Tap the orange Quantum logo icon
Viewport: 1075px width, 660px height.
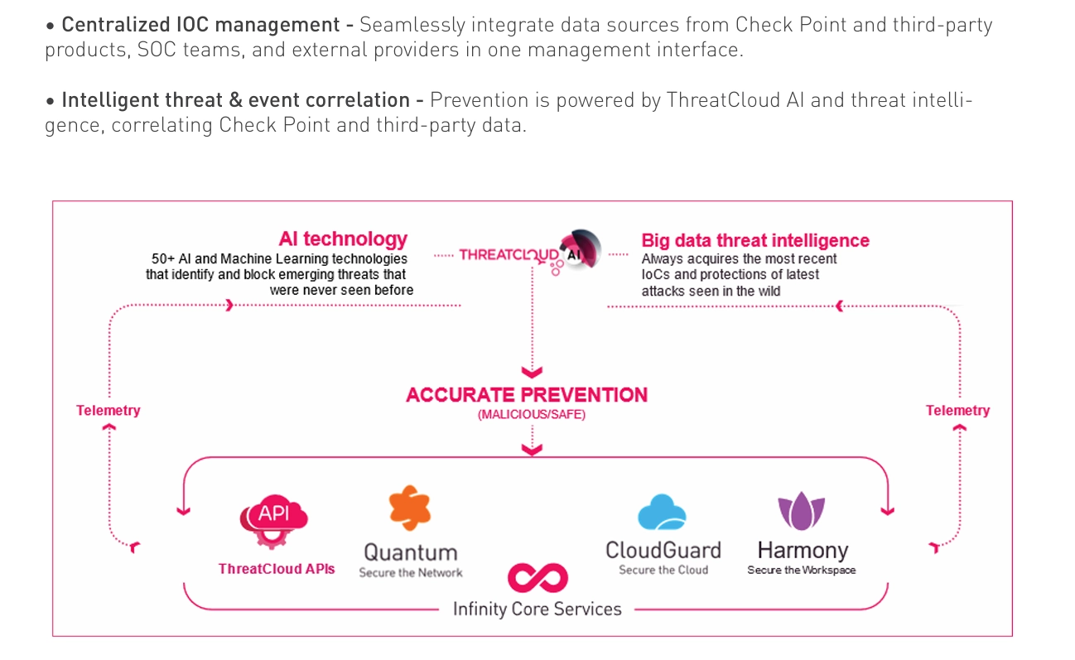[410, 508]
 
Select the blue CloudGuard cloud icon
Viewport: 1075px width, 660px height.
[662, 512]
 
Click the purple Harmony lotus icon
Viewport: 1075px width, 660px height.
[801, 511]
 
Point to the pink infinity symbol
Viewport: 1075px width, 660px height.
[537, 577]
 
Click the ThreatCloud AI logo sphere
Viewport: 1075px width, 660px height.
[581, 249]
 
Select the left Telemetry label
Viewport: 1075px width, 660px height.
[108, 411]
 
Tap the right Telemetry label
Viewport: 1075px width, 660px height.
[958, 411]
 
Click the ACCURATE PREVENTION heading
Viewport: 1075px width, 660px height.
[527, 394]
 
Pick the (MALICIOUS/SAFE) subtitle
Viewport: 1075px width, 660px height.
[532, 414]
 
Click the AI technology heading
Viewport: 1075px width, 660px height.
[343, 238]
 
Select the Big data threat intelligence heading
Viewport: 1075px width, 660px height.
[755, 240]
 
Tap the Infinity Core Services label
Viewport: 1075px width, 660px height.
[537, 609]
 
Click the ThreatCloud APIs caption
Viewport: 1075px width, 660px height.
[277, 569]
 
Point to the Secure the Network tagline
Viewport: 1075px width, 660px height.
[411, 573]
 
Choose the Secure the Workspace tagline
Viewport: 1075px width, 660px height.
[802, 570]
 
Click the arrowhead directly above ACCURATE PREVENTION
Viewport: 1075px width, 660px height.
[532, 372]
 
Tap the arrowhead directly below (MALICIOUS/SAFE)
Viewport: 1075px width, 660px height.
[532, 450]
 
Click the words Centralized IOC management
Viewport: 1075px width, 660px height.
[200, 25]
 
